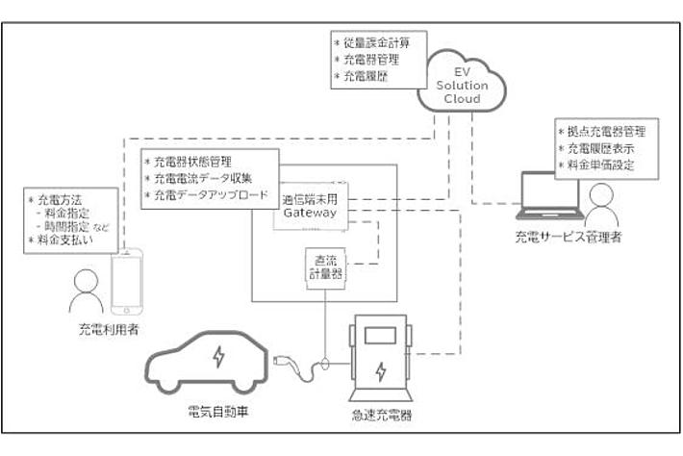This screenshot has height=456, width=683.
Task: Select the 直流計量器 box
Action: pyautogui.click(x=317, y=266)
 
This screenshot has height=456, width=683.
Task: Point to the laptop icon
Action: pyautogui.click(x=549, y=194)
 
